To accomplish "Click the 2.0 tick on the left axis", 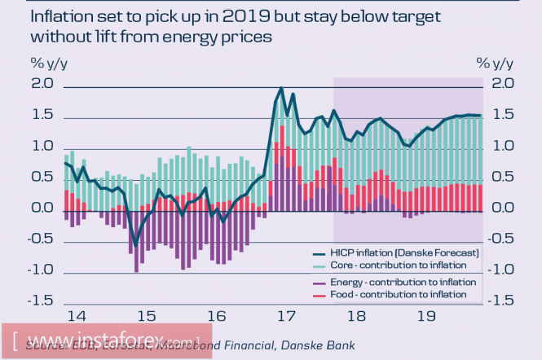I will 42,85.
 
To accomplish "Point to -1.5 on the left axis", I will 41,301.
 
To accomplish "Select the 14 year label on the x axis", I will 77,316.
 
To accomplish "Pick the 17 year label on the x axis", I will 285,316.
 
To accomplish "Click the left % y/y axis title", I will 48,63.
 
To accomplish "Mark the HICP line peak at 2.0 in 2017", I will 281,87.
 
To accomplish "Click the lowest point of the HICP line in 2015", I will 136,243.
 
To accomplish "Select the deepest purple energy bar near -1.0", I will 136,267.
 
